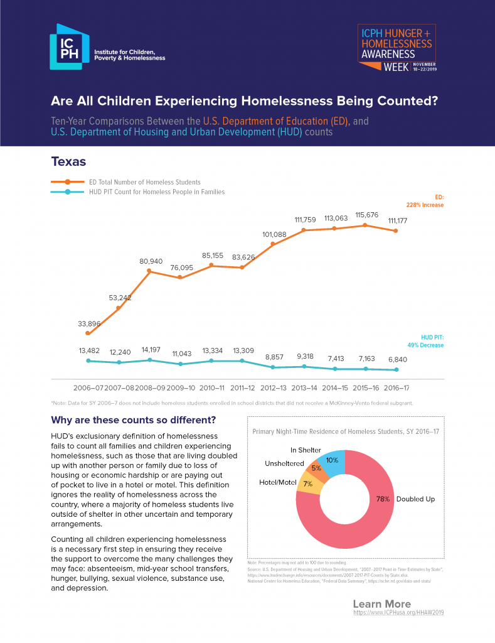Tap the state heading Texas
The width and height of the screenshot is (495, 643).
coord(68,162)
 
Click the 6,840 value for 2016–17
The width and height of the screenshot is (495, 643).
coord(395,359)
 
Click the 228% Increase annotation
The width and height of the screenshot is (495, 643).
coord(425,205)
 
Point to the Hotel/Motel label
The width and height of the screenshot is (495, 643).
coord(277,482)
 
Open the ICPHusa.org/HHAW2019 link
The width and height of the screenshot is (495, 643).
coord(398,612)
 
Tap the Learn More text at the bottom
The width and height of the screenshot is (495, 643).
coord(381,604)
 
